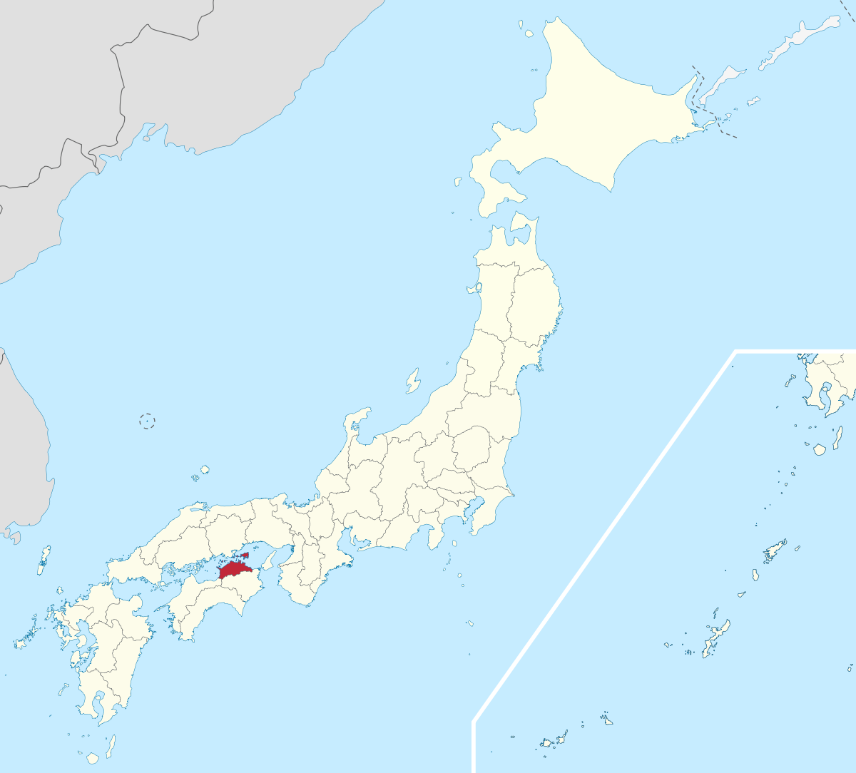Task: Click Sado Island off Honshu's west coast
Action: pos(413,382)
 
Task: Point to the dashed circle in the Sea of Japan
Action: pos(147,421)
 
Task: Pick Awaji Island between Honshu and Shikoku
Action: pos(269,560)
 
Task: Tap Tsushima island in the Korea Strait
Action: pos(44,560)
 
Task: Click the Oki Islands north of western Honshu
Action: pos(204,471)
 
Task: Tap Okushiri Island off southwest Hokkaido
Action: pos(457,182)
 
